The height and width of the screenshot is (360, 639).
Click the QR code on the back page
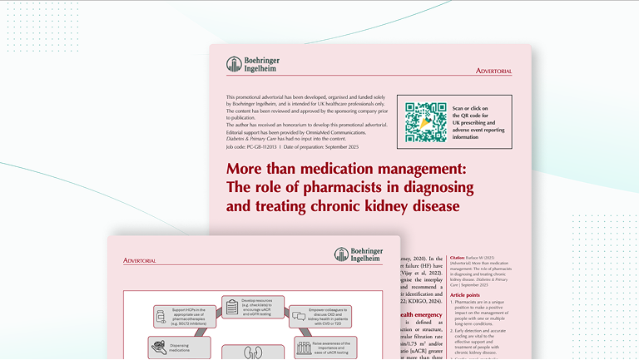pyautogui.click(x=426, y=121)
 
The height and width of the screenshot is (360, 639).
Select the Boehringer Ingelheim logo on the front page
pyautogui.click(x=360, y=255)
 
